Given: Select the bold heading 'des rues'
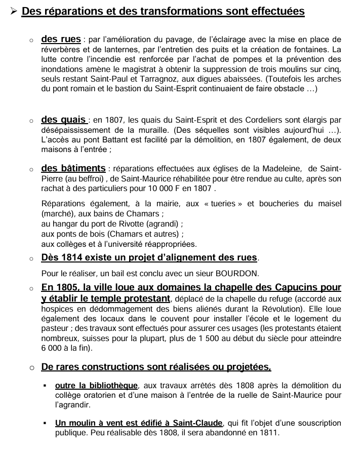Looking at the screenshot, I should click(61, 39).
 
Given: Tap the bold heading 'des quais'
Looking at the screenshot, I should click(63, 120).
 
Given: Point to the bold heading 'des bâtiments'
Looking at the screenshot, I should click(73, 168).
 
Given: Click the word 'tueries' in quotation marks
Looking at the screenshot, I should click(224, 203).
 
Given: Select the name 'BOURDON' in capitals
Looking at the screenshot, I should click(235, 274).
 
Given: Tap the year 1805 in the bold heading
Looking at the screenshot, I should click(69, 287).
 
